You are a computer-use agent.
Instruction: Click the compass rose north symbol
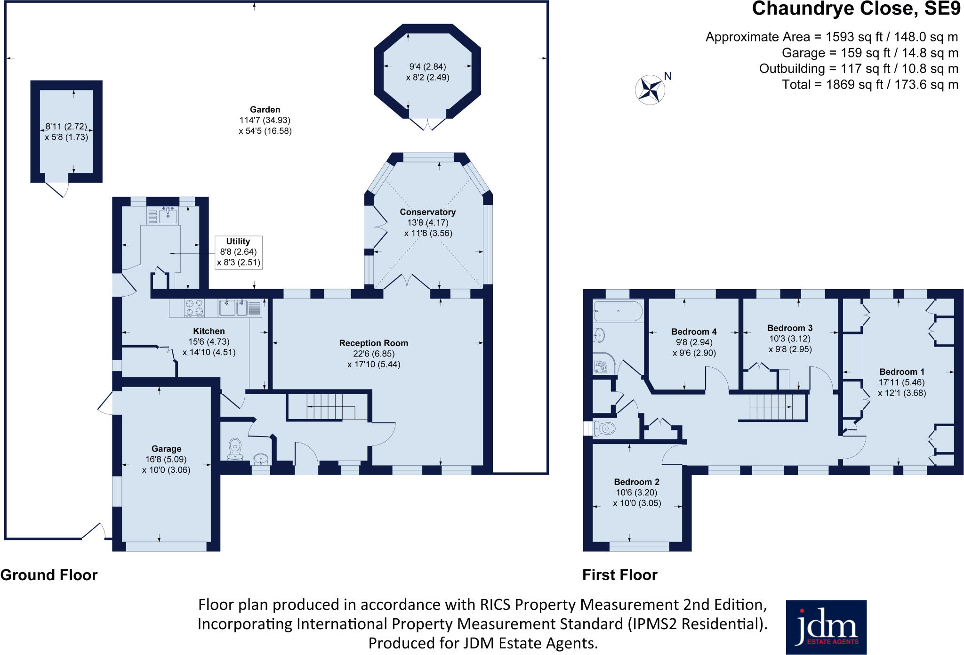pyautogui.click(x=650, y=89)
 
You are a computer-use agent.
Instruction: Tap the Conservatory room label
pyautogui.click(x=427, y=212)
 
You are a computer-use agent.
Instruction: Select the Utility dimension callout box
pyautogui.click(x=238, y=252)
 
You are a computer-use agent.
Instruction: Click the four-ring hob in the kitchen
pyautogui.click(x=194, y=307)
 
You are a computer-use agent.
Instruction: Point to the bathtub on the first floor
pyautogui.click(x=618, y=311)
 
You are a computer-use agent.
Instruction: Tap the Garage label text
pyautogui.click(x=166, y=449)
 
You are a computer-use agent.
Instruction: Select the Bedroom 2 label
pyautogui.click(x=636, y=482)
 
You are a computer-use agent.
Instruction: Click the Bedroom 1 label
pyautogui.click(x=901, y=372)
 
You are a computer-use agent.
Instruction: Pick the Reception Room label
pyautogui.click(x=373, y=343)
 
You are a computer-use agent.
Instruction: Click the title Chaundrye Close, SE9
pyautogui.click(x=856, y=9)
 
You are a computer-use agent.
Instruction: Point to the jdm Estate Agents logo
pyautogui.click(x=826, y=627)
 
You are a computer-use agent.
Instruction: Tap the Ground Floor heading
pyautogui.click(x=49, y=575)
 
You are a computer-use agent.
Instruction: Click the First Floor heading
pyautogui.click(x=619, y=575)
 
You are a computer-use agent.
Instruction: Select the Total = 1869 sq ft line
pyautogui.click(x=870, y=85)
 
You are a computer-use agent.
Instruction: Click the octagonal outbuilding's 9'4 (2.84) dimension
pyautogui.click(x=427, y=66)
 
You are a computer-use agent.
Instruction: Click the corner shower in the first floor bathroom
pyautogui.click(x=604, y=364)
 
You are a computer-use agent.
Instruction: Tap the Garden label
pyautogui.click(x=265, y=109)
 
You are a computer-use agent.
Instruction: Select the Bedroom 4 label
pyautogui.click(x=694, y=332)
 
